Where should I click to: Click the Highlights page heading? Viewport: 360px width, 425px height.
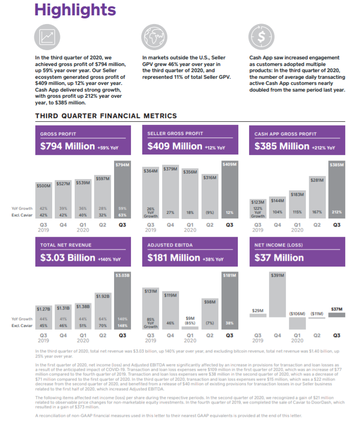pos(75,10)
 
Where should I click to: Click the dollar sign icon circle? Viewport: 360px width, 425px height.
pos(260,36)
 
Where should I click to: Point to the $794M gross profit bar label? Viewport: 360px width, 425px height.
pos(122,165)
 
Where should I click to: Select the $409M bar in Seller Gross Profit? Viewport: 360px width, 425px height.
pos(230,194)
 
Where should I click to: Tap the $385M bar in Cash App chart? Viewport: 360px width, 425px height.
pos(336,194)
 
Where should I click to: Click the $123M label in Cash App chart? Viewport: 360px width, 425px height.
pos(258,202)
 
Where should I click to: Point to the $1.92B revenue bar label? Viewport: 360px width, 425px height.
pos(103,296)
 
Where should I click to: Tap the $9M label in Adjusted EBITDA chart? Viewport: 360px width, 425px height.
pos(190,318)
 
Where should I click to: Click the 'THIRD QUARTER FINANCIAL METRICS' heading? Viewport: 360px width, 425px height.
pos(106,116)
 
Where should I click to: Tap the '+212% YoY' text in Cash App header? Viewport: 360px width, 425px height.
pos(323,147)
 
